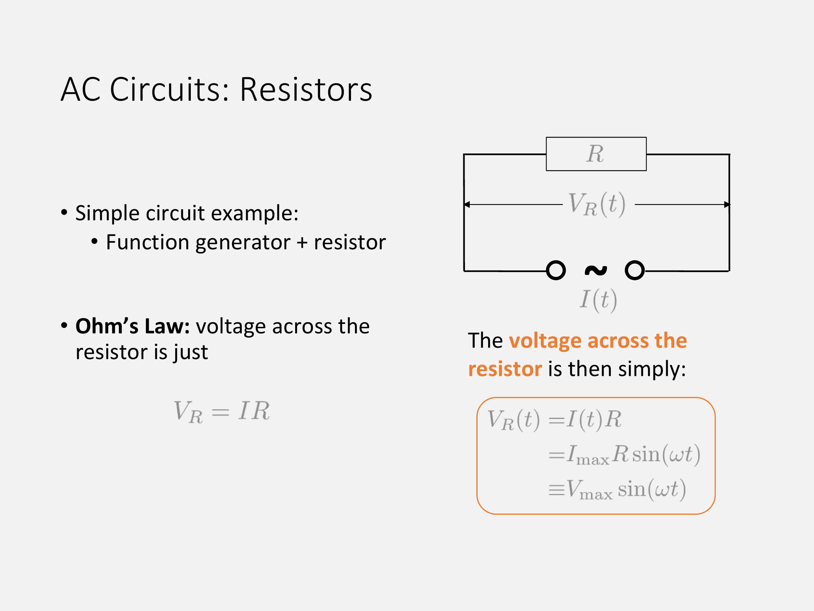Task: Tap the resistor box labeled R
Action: pos(596,154)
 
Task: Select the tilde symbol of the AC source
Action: pos(596,271)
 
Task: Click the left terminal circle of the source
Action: pos(556,270)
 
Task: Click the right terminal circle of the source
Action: pos(634,270)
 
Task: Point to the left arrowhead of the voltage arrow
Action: pos(467,204)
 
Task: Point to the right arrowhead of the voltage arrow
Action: pos(727,204)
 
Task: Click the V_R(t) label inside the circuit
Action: pos(596,204)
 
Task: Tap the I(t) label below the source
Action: pos(598,300)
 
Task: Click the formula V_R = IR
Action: pos(221,411)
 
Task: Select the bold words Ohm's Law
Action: pos(133,326)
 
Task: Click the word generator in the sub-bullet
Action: pos(243,243)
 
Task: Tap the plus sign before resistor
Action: pos(302,243)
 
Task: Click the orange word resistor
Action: pos(505,369)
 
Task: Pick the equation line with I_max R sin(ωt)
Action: pos(624,455)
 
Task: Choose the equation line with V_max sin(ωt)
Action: pos(617,490)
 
